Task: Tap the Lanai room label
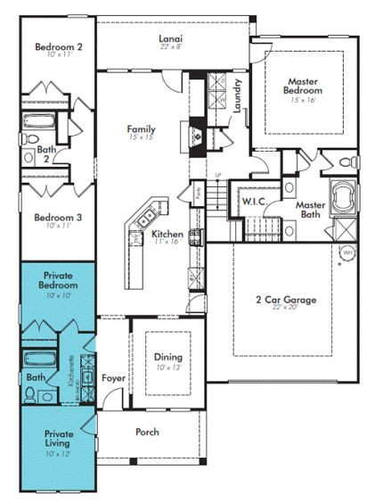point(171,39)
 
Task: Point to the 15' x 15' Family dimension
point(141,139)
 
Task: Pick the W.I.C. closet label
point(253,202)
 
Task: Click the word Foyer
point(113,378)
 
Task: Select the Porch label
point(147,432)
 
